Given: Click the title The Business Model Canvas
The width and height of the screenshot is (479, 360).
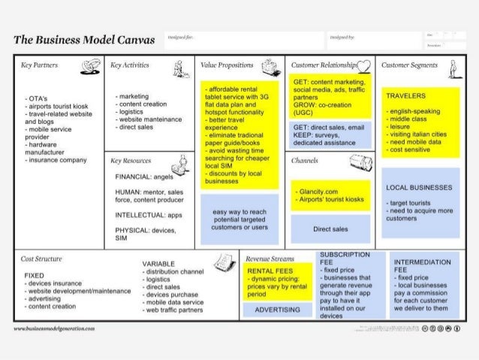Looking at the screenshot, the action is coord(84,39).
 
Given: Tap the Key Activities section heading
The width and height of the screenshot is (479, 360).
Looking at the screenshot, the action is coord(129,65).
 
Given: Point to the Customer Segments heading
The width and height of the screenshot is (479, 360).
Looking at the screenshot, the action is coord(408,65).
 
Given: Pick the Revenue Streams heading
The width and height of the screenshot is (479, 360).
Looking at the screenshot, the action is coord(267,258).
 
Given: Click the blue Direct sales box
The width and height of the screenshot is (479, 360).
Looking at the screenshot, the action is coord(330,228).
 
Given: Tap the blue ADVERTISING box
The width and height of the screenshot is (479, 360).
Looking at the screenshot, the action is coord(278,310).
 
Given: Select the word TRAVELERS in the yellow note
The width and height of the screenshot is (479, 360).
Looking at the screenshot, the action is coord(405,96).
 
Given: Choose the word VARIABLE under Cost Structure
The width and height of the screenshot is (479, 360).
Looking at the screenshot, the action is coord(158,264).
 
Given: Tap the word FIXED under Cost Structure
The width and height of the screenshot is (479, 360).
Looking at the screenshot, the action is coord(34,276).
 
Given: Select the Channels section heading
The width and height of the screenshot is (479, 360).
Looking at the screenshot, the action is coord(305,160).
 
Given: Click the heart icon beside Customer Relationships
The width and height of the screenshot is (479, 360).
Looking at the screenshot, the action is coord(363,66).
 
